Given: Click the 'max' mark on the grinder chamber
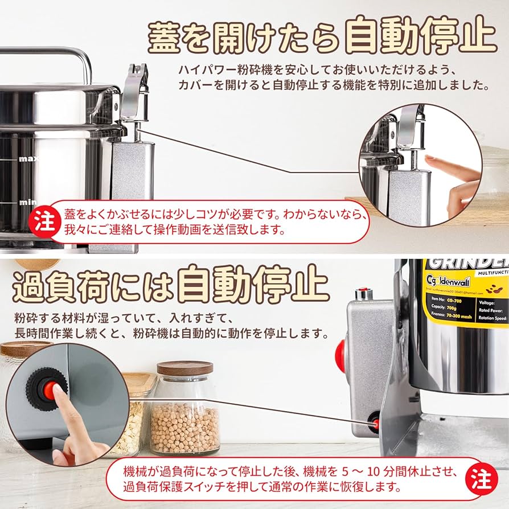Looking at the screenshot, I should click(28, 159).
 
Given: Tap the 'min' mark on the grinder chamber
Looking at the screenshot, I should click(27, 202).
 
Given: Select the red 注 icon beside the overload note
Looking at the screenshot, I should click(482, 479).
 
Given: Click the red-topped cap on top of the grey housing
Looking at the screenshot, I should click(362, 294).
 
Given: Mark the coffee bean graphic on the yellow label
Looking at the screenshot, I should click(492, 290).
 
